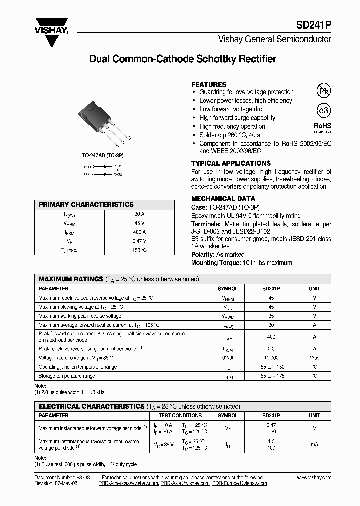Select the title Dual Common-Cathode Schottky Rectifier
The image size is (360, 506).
pyautogui.click(x=182, y=59)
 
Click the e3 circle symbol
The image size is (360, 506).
pyautogui.click(x=323, y=111)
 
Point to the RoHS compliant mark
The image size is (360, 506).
pyautogui.click(x=322, y=128)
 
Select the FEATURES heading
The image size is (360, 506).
pyautogui.click(x=209, y=85)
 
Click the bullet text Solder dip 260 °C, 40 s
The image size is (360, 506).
pyautogui.click(x=229, y=135)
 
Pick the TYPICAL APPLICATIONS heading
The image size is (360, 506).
pyautogui.click(x=231, y=163)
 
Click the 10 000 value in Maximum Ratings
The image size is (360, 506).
pyautogui.click(x=271, y=358)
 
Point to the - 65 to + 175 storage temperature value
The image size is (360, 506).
pyautogui.click(x=271, y=376)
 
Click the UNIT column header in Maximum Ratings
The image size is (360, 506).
pyautogui.click(x=314, y=289)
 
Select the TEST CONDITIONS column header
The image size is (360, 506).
pyautogui.click(x=180, y=415)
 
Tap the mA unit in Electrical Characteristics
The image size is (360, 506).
pyautogui.click(x=314, y=445)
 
